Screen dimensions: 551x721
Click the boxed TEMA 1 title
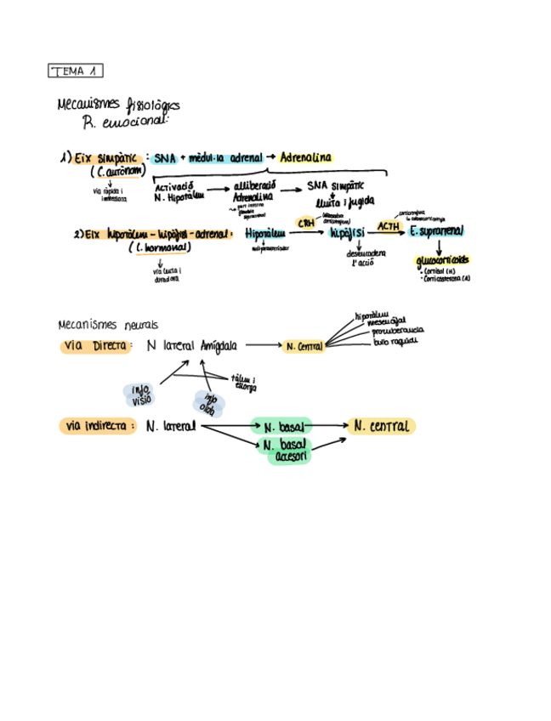coord(76,71)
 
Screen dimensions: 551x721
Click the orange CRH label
coord(305,223)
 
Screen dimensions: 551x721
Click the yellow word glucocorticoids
coord(444,260)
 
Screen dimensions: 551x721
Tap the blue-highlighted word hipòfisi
coord(347,232)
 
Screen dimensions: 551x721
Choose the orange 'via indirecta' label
coord(99,425)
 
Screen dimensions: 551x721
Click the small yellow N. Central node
coord(304,347)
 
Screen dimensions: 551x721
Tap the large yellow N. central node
coord(381,426)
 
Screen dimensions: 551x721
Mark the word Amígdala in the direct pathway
coord(219,346)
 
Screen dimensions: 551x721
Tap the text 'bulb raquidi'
coord(395,341)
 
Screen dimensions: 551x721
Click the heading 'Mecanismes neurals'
coord(106,324)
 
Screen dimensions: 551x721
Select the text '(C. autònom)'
coord(117,171)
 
